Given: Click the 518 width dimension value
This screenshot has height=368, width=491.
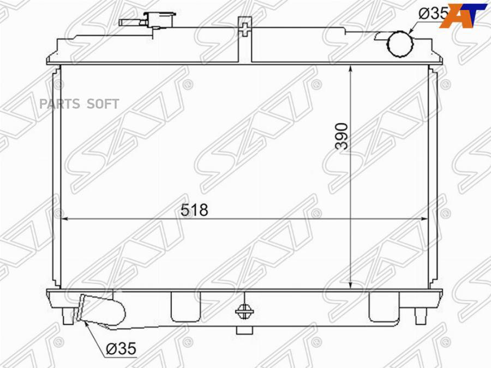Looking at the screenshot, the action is tap(194, 210).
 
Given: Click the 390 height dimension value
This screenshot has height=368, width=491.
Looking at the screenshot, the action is tap(342, 136).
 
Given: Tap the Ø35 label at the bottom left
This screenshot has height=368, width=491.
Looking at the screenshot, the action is tap(121, 348).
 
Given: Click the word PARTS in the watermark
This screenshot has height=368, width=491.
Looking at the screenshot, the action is tap(59, 104).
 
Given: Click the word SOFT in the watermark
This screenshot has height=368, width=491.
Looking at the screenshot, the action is tap(103, 104).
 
